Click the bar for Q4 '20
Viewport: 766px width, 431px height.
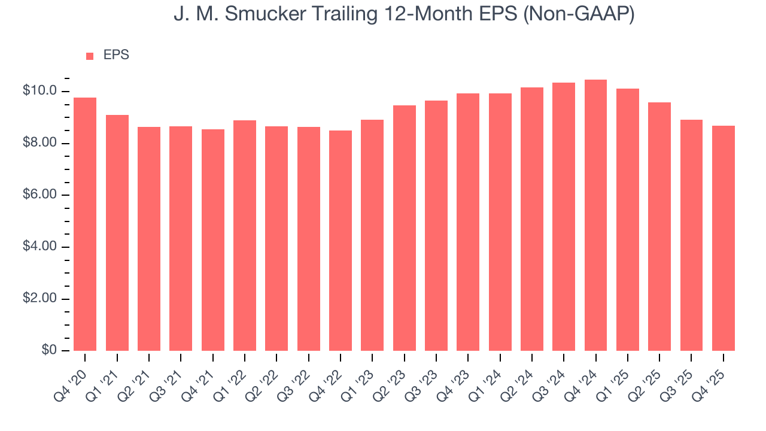85,224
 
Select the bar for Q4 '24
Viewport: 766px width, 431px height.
595,215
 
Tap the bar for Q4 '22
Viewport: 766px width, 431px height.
341,240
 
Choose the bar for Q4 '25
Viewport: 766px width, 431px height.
723,238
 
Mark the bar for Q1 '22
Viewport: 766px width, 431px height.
245,235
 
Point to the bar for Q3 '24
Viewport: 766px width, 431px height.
564,216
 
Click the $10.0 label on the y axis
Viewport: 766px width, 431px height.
39,91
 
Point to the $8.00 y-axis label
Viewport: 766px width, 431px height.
39,143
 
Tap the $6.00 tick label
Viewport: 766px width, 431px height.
39,195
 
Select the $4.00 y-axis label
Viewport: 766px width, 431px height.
39,247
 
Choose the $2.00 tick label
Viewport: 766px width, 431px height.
39,299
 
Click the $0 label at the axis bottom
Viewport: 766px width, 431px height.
49,350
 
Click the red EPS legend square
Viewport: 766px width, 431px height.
90,56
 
